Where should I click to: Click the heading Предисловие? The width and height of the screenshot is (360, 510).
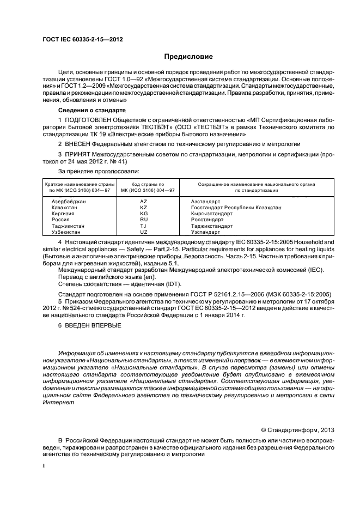click(188, 56)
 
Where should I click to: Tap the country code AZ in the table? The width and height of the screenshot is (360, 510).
click(144, 202)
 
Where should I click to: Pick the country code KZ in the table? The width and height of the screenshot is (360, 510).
click(144, 208)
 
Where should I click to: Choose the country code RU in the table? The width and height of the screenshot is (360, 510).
click(144, 220)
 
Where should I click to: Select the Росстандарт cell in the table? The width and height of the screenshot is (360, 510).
click(208, 220)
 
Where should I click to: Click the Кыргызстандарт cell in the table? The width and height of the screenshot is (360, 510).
click(212, 214)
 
